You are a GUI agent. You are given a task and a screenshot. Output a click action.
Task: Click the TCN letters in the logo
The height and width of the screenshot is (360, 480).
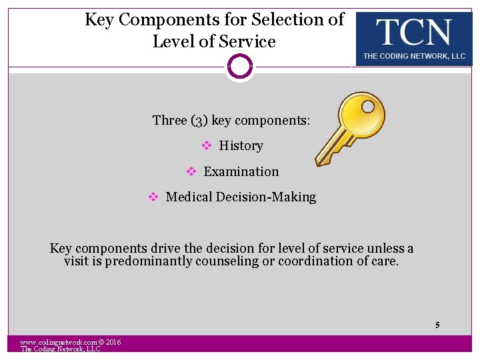point(413,32)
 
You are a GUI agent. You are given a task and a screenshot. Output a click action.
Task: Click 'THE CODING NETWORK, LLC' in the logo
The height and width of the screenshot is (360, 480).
point(413,57)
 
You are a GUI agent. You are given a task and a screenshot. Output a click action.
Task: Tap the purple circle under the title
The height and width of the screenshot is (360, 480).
point(240,67)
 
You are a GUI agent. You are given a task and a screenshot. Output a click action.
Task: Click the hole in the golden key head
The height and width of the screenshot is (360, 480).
point(367,106)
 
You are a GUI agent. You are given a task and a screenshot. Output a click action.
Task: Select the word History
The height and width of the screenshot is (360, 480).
point(241,145)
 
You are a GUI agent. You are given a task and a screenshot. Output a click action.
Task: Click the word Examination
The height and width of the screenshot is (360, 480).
point(241,171)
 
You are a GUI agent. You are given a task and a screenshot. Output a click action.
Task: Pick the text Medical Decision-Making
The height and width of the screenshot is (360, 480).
point(241,197)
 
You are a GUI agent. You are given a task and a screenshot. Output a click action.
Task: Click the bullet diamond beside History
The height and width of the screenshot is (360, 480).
point(206,145)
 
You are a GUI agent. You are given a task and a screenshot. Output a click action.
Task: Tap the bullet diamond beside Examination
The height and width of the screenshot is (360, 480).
point(191,171)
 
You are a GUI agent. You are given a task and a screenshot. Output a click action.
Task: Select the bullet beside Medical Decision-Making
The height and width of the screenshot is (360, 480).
point(153,197)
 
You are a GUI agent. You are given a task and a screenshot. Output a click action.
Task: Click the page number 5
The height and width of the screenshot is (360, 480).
point(437,325)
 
